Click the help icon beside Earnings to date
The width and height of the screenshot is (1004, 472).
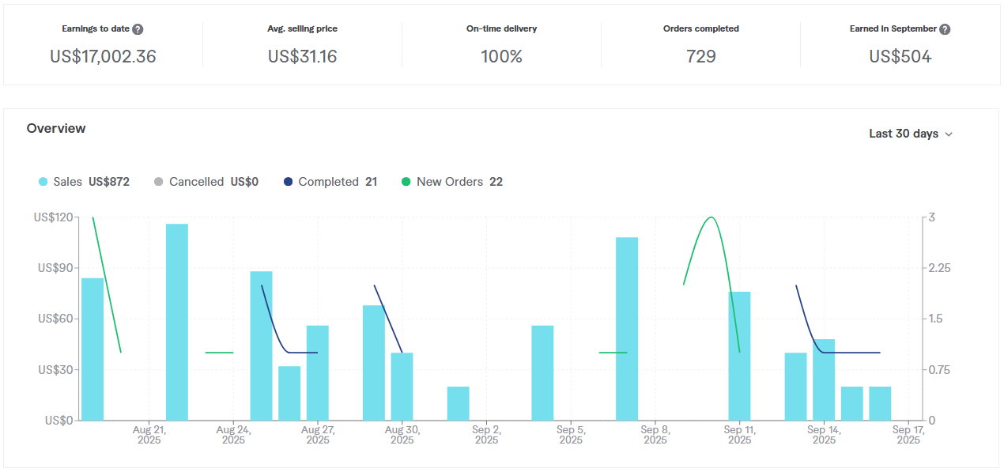pos(138,29)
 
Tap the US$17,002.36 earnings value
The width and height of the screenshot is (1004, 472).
pos(103,57)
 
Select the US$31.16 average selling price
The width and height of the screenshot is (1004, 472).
pos(302,57)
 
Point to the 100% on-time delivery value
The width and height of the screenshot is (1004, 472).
pos(501,57)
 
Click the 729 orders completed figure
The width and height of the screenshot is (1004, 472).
pos(700,57)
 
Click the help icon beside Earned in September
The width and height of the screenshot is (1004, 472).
pos(945,29)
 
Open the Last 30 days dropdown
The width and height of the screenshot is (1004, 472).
pos(911,134)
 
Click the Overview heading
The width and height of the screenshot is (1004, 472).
pos(56,128)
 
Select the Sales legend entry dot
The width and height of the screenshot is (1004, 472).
pos(43,182)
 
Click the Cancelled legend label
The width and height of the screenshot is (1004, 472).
pos(196,182)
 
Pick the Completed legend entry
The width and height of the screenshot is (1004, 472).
pos(328,182)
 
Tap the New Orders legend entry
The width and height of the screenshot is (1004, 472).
pos(449,182)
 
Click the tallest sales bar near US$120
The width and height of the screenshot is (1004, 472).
pos(177,322)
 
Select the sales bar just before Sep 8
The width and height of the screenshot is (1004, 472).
pos(627,328)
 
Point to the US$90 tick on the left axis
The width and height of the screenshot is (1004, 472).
pos(55,268)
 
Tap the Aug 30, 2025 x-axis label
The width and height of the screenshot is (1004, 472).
pos(402,435)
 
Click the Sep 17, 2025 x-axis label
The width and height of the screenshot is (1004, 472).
pos(908,435)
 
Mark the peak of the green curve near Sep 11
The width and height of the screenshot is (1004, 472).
pos(711,217)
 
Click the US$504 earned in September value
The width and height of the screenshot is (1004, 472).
pos(900,57)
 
